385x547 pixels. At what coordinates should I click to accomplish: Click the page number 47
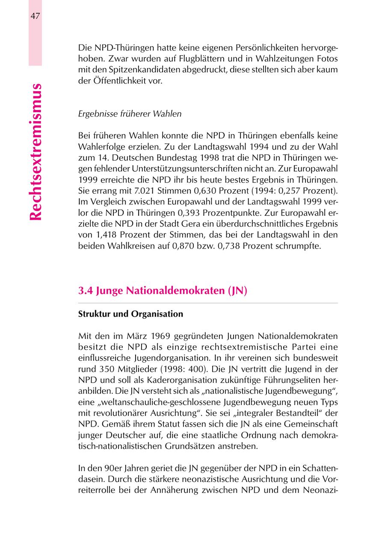point(35,16)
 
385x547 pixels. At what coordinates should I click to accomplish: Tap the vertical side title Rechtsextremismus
point(36,152)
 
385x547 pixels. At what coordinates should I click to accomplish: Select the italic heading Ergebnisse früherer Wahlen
point(130,114)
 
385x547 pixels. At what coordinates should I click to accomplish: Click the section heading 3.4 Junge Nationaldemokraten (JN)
point(163,291)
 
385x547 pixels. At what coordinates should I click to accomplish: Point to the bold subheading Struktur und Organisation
point(130,314)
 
